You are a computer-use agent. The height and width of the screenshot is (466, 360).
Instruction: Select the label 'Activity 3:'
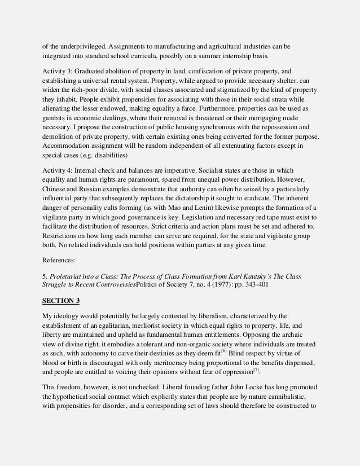tap(60, 72)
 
